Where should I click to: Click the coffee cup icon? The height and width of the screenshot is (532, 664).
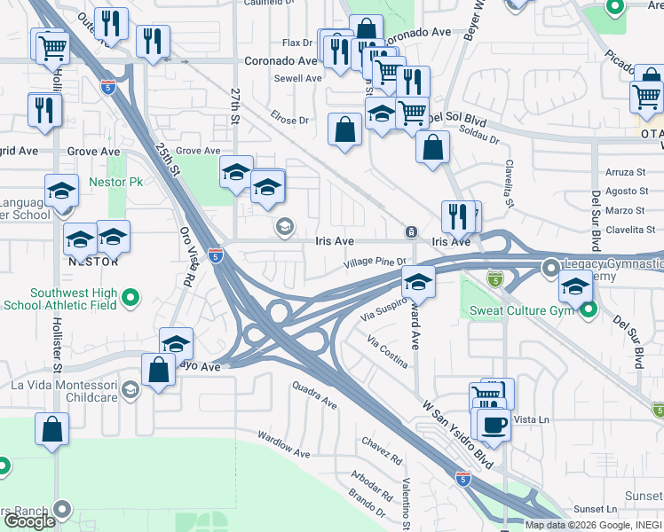tap(494, 423)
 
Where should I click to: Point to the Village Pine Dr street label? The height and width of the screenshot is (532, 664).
tap(375, 262)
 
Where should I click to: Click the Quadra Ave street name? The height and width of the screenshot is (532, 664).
tap(315, 394)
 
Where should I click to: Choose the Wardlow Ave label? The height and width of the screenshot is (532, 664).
tap(283, 445)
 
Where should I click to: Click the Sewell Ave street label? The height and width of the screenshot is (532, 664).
tap(297, 78)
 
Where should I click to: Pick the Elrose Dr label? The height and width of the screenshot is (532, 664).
tap(290, 120)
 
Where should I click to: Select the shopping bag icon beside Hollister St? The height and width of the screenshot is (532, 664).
tap(52, 428)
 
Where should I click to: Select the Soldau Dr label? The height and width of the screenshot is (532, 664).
tap(480, 134)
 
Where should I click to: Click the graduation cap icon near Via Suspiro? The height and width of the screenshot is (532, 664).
tap(417, 282)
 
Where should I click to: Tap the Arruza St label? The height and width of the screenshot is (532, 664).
tap(625, 171)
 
